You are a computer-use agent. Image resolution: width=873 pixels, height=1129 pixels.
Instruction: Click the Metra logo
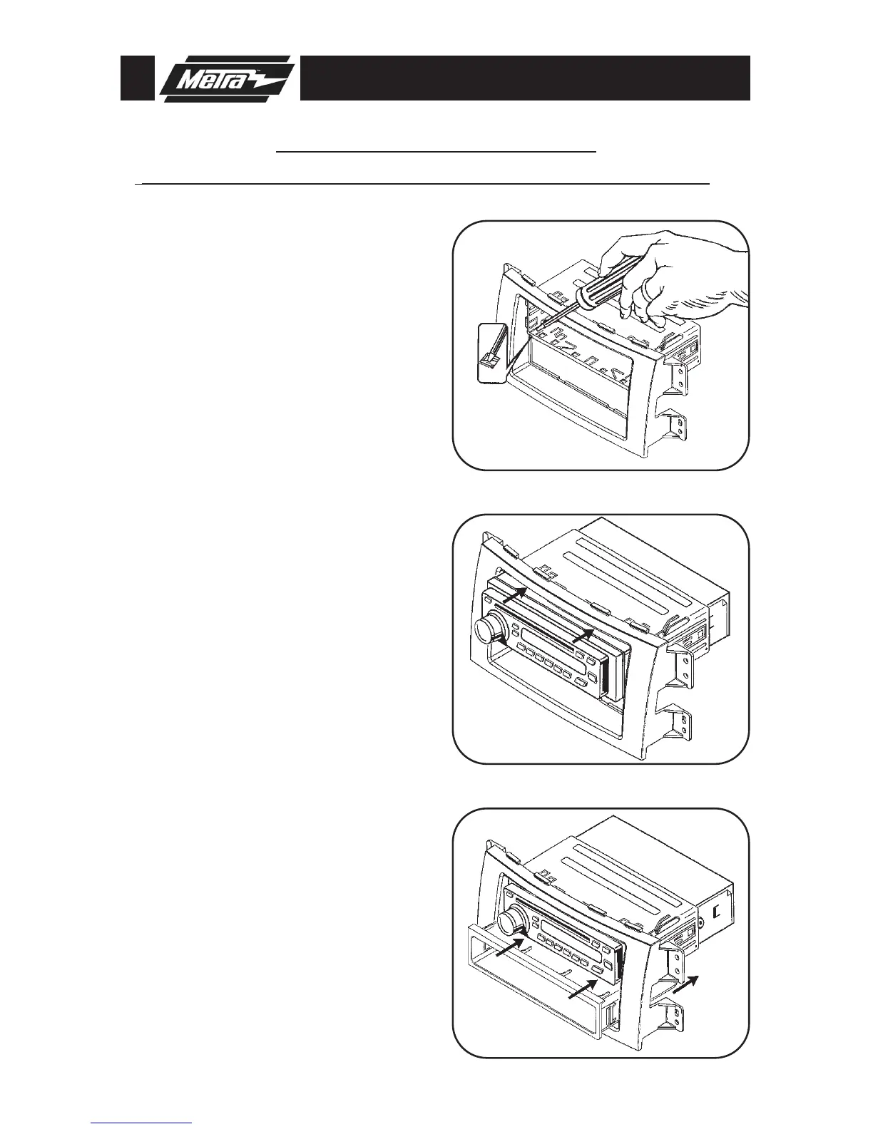tap(227, 78)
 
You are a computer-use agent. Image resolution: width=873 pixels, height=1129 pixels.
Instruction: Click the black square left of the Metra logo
tap(136, 78)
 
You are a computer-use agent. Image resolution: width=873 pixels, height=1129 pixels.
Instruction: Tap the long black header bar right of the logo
tap(525, 78)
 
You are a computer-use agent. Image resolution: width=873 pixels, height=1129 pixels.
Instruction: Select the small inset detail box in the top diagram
tap(491, 354)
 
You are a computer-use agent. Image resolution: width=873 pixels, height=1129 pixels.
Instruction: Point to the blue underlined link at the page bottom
tap(142, 1123)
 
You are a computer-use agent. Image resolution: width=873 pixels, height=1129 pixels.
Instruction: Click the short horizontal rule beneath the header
tap(436, 152)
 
